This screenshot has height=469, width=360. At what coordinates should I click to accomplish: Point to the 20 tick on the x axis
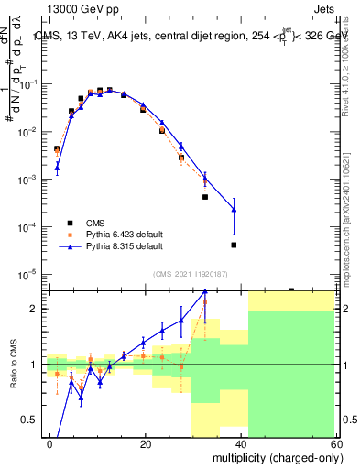[145, 443]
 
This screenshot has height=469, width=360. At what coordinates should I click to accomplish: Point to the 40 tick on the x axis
[240, 443]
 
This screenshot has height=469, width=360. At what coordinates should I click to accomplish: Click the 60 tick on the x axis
[335, 443]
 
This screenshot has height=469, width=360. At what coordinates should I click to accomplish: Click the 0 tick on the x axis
[49, 443]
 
